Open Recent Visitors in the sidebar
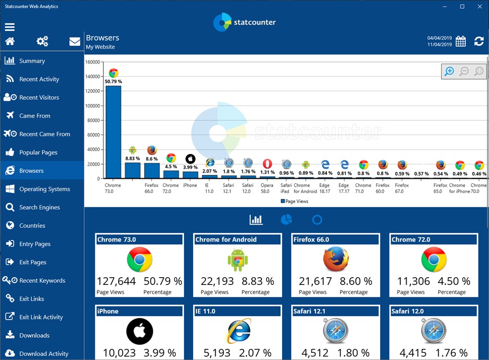[x=39, y=97]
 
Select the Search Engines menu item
[x=39, y=207]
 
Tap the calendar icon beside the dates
[x=461, y=41]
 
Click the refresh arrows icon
[x=479, y=41]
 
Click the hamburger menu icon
[x=10, y=27]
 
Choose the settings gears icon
[x=42, y=42]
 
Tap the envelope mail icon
[x=75, y=42]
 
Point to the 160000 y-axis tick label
[x=92, y=62]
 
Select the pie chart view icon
[x=286, y=220]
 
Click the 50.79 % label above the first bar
[x=113, y=82]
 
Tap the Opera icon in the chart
[x=267, y=163]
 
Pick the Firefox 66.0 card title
[x=311, y=240]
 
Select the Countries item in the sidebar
[x=32, y=226]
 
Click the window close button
[x=479, y=6]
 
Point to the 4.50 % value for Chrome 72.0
[x=454, y=281]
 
